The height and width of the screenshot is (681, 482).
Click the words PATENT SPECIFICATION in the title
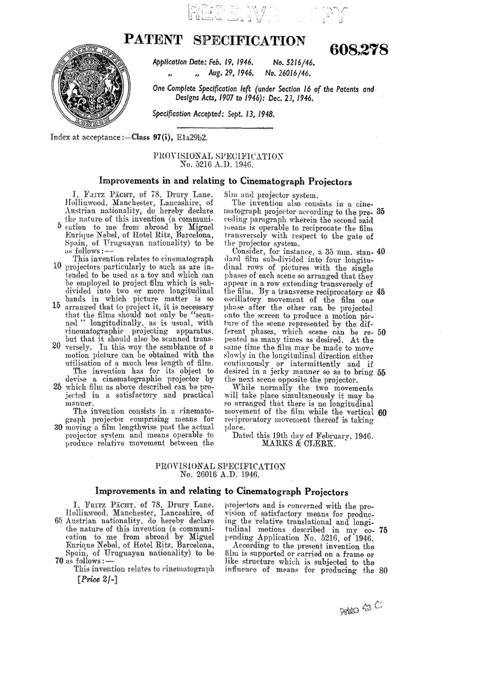pyautogui.click(x=215, y=41)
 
